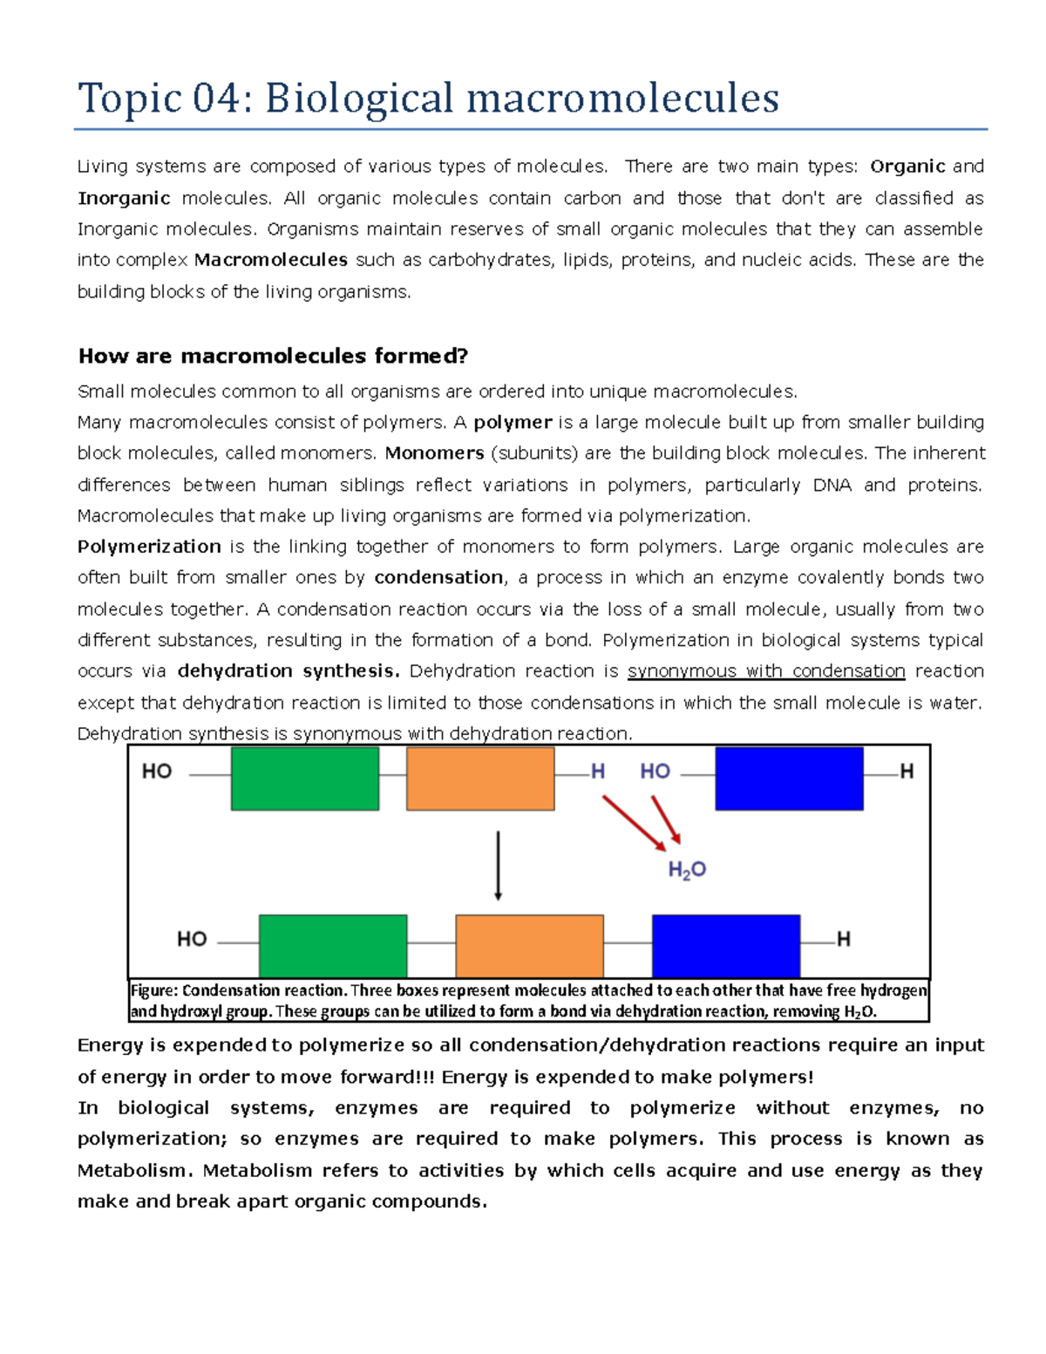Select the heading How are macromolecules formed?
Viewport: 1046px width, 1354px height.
pyautogui.click(x=273, y=356)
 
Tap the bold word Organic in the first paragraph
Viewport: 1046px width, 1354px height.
pyautogui.click(x=907, y=167)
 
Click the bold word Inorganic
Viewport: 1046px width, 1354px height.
pyautogui.click(x=124, y=198)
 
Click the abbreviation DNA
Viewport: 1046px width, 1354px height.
pyautogui.click(x=832, y=485)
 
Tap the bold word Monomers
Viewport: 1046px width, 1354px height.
pyautogui.click(x=434, y=453)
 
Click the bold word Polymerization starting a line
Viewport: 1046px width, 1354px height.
pyautogui.click(x=149, y=547)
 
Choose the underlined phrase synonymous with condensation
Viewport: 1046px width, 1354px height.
pyautogui.click(x=766, y=671)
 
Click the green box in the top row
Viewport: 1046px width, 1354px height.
pyautogui.click(x=305, y=779)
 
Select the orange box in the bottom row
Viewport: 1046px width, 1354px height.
pyautogui.click(x=529, y=946)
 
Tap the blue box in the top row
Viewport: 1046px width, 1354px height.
pyautogui.click(x=789, y=779)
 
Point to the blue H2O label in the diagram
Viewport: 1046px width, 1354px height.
pyautogui.click(x=687, y=869)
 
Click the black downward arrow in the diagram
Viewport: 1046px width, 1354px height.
pyautogui.click(x=498, y=866)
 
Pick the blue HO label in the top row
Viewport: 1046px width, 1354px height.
pyautogui.click(x=655, y=772)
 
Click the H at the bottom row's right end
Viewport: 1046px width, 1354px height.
pyautogui.click(x=843, y=940)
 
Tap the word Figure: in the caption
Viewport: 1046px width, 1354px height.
pyautogui.click(x=154, y=990)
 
